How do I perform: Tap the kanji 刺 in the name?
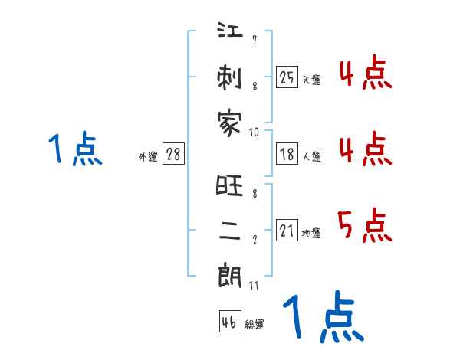[231, 78]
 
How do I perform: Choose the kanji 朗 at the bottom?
[231, 276]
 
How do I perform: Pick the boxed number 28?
[173, 154]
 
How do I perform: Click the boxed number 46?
[229, 322]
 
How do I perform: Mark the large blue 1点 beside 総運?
[323, 318]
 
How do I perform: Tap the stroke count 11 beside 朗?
[254, 285]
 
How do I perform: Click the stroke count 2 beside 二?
[254, 239]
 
